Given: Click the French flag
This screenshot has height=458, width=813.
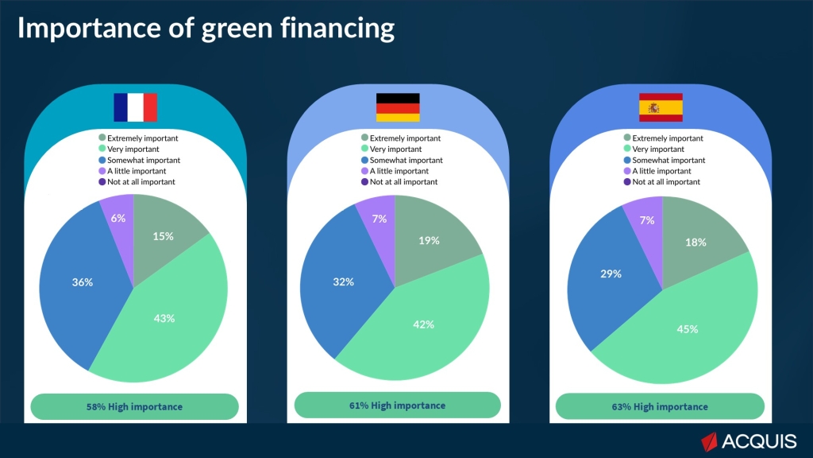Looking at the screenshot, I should (135, 107).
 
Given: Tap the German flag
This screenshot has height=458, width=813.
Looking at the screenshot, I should (397, 107).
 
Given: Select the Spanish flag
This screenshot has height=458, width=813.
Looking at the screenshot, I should (661, 107).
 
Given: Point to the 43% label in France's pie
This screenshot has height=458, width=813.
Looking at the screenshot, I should (164, 318).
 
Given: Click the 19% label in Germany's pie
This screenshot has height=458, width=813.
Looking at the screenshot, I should (429, 241).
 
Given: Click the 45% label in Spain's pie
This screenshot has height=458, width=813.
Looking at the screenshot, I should (687, 328).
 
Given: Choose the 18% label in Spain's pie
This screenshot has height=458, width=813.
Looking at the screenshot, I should (695, 243).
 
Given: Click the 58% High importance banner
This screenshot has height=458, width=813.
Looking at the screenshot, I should (134, 406).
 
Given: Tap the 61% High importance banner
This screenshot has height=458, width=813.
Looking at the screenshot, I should (397, 406).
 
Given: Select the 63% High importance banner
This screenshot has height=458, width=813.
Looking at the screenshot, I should (660, 406).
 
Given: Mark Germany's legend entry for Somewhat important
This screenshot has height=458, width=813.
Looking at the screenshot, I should (400, 160).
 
